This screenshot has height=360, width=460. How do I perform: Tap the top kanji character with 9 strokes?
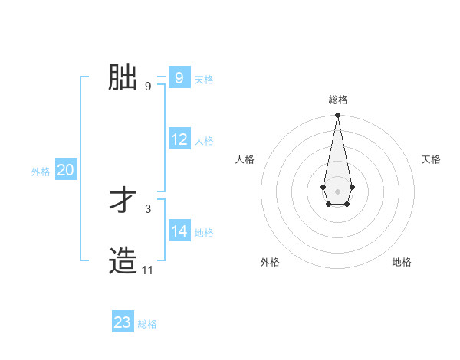(123, 77)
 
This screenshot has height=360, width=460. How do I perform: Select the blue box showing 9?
(179, 77)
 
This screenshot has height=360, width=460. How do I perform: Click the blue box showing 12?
(179, 139)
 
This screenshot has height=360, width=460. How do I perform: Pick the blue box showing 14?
(179, 231)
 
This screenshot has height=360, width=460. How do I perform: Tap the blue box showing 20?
(65, 170)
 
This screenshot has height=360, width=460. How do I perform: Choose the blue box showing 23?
(122, 322)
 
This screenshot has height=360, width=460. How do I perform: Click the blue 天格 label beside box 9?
(204, 79)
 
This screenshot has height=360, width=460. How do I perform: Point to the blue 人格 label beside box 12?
(204, 141)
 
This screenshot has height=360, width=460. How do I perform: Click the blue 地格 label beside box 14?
(204, 232)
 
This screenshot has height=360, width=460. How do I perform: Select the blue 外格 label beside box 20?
(41, 172)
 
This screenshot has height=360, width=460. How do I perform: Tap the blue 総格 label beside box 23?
(147, 324)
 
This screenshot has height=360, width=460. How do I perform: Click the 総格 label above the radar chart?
(338, 100)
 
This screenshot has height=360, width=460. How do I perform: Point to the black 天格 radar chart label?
(432, 159)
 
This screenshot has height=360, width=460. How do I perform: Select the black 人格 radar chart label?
(245, 159)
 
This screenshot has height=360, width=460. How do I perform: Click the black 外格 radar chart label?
(270, 262)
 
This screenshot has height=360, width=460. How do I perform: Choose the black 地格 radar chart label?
(402, 262)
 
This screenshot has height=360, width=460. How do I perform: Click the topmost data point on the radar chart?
(337, 116)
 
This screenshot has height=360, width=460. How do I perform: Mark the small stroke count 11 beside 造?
(148, 270)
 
